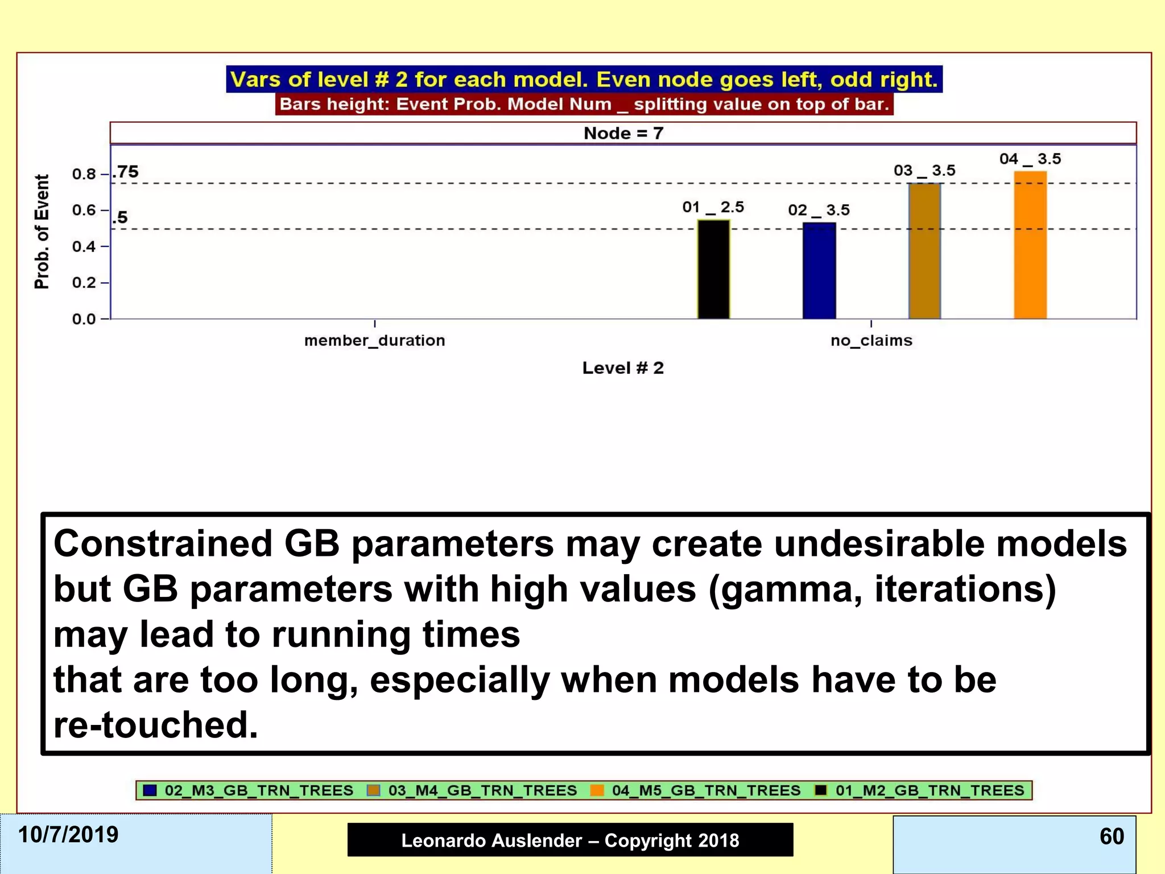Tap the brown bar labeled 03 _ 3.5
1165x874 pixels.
(x=924, y=251)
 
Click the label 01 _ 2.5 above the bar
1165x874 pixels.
(x=713, y=207)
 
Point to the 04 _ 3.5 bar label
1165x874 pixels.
(x=1030, y=159)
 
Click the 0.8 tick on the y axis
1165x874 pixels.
(x=84, y=174)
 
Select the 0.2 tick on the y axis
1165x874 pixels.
(x=84, y=283)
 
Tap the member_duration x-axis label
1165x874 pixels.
(x=374, y=340)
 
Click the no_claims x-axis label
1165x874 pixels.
(x=871, y=340)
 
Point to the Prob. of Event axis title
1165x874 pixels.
(x=42, y=232)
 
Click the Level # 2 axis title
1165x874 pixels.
(x=623, y=368)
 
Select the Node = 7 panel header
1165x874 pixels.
(x=623, y=133)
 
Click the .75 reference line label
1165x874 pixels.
(x=126, y=171)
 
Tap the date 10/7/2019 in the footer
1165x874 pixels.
(x=68, y=835)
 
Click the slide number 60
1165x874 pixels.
(x=1112, y=836)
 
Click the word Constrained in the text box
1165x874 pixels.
(x=163, y=543)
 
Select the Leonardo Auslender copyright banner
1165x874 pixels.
(x=570, y=840)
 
